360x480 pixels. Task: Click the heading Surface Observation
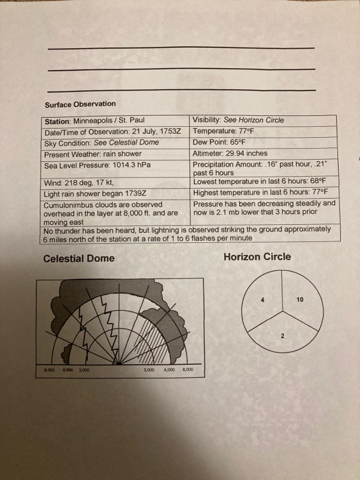[x=80, y=104]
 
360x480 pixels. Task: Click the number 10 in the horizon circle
[x=300, y=300]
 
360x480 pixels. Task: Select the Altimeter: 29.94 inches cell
[x=230, y=154]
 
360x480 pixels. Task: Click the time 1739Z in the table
[x=145, y=193]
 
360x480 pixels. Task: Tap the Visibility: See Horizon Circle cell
[x=238, y=121]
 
